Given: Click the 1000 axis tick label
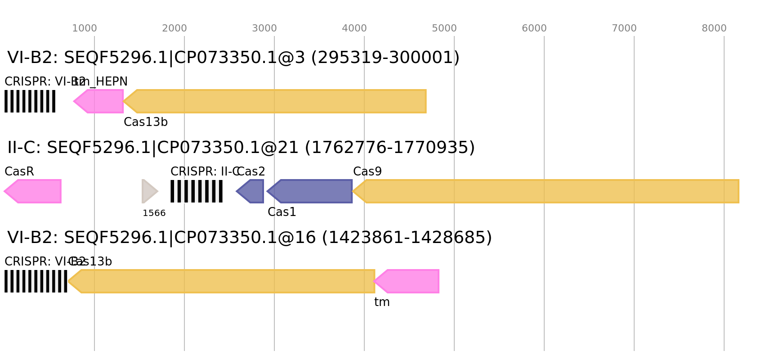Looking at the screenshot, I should pos(85,28).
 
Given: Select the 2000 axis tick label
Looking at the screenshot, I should pos(175,28).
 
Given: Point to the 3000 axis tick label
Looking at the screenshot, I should pos(264,28).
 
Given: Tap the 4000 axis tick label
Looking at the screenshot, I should pos(354,28).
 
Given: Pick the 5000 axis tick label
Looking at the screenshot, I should pos(444,28).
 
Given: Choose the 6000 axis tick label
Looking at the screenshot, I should pos(534,28).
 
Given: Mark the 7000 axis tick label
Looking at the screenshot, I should pos(624,28).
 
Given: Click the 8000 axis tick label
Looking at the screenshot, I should pos(714,28).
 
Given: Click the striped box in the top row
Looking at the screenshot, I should pos(30,101).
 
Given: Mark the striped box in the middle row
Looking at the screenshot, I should pos(197,191).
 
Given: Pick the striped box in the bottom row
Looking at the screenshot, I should pos(36,281).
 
